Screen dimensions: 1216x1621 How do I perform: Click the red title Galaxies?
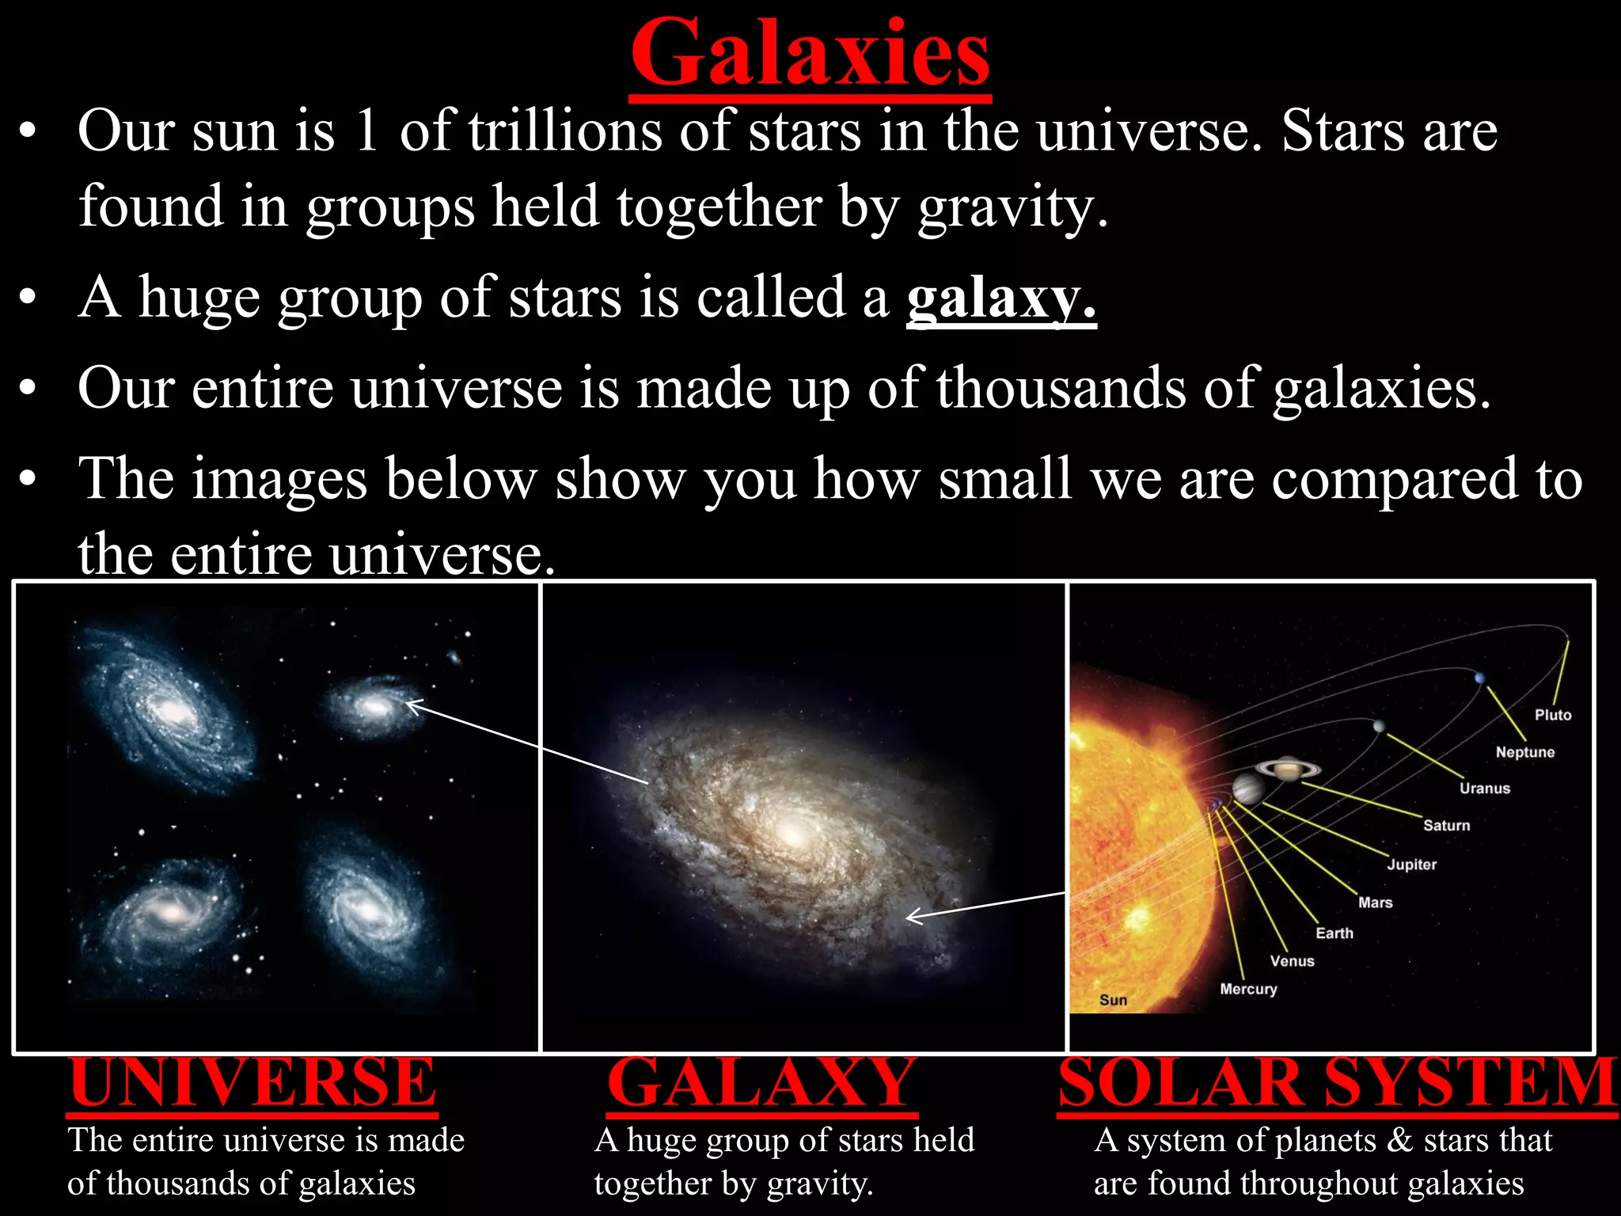[810, 54]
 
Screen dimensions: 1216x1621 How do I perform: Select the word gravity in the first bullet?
[1012, 207]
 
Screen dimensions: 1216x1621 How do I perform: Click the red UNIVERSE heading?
[252, 1082]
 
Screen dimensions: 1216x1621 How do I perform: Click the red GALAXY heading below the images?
[761, 1082]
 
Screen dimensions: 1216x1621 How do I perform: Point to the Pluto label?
[1552, 715]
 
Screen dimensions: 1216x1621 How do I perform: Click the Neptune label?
[1524, 752]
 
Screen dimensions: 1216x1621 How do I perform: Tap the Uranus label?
[1484, 788]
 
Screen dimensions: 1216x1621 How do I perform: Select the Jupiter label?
[1411, 864]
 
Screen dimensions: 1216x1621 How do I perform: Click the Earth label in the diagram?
[1334, 933]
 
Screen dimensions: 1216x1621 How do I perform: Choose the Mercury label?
[1247, 989]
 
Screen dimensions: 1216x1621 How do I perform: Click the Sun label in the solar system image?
[1112, 1000]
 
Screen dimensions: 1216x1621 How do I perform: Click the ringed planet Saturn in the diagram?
[1288, 767]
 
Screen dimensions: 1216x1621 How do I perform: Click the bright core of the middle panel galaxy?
[791, 833]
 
